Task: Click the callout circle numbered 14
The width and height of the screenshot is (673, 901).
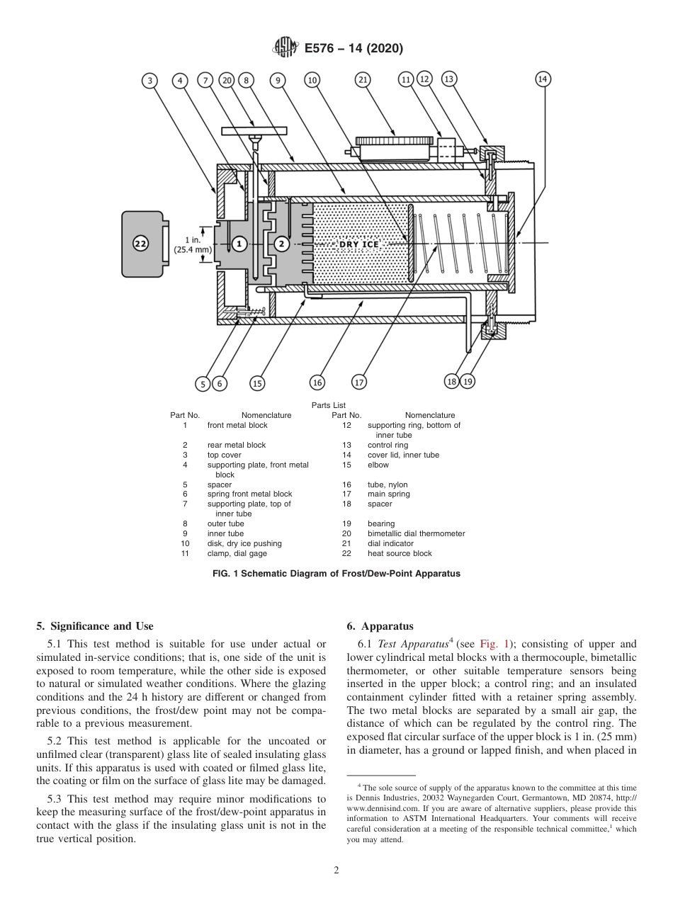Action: [x=543, y=79]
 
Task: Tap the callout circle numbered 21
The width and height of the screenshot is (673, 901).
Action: [x=363, y=80]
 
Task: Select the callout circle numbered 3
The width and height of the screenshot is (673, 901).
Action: [x=149, y=80]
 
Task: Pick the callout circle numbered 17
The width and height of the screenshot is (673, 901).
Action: [x=359, y=382]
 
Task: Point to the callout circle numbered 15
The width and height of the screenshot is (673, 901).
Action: [x=257, y=383]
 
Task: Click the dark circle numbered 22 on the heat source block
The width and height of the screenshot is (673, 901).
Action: [x=140, y=244]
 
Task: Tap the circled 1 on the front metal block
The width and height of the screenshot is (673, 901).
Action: [x=239, y=244]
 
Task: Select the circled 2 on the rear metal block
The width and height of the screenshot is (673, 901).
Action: [x=281, y=244]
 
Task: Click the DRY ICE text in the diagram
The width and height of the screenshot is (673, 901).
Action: [x=359, y=244]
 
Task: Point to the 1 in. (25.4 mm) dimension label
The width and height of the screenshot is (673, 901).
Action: [x=193, y=244]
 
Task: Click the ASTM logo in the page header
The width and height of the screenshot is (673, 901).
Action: [x=286, y=48]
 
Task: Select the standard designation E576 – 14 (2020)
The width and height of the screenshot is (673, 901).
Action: [x=354, y=49]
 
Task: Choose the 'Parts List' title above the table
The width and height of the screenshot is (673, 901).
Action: [x=328, y=405]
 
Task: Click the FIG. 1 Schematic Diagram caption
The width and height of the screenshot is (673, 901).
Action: [x=336, y=574]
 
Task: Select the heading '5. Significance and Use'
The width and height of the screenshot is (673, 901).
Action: [x=94, y=626]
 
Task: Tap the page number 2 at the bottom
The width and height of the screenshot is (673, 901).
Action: [x=336, y=871]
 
